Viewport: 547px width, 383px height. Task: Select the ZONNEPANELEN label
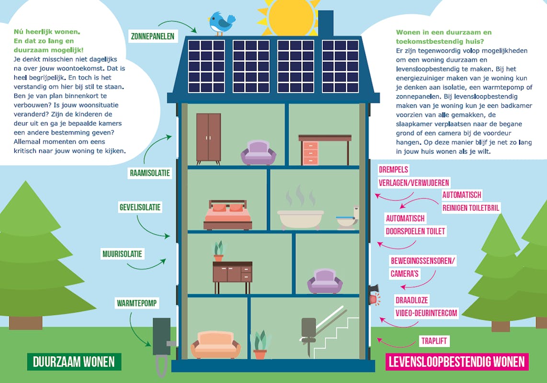click(152, 36)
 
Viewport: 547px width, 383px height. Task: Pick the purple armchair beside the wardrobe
click(258, 153)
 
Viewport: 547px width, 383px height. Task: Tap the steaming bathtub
click(301, 218)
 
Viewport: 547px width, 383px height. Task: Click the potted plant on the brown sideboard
click(218, 251)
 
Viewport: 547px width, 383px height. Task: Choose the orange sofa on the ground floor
click(216, 345)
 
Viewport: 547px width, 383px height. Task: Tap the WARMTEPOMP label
click(137, 303)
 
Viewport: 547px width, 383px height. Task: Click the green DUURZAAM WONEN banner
click(74, 362)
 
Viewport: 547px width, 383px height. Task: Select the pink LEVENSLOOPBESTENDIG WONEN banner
click(457, 361)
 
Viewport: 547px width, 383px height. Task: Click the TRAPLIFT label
click(435, 341)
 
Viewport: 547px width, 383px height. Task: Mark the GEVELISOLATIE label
click(140, 207)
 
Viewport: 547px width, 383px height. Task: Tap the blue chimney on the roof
click(326, 23)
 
